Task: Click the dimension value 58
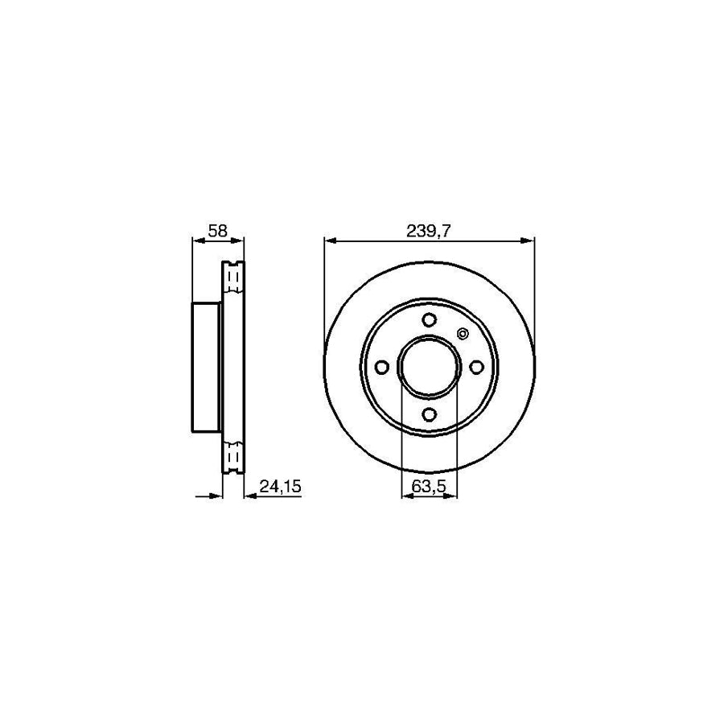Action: [x=217, y=230]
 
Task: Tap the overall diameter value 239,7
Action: [x=429, y=230]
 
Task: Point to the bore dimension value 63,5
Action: [x=429, y=486]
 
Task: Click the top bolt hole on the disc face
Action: [x=429, y=319]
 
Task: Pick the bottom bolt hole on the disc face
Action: [x=429, y=414]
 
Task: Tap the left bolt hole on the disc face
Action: [x=381, y=367]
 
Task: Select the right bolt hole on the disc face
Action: [x=476, y=367]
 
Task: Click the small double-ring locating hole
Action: [x=463, y=334]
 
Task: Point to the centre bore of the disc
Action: [x=429, y=367]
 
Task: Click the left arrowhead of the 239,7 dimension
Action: [x=328, y=240]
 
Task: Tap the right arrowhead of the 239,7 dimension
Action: [x=529, y=240]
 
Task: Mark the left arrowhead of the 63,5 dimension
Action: [x=405, y=496]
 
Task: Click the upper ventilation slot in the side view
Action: [x=233, y=278]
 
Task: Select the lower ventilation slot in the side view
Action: [x=233, y=456]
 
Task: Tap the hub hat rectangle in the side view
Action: [x=206, y=367]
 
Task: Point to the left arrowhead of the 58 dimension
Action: [x=196, y=240]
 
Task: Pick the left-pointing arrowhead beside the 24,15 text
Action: [x=248, y=496]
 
